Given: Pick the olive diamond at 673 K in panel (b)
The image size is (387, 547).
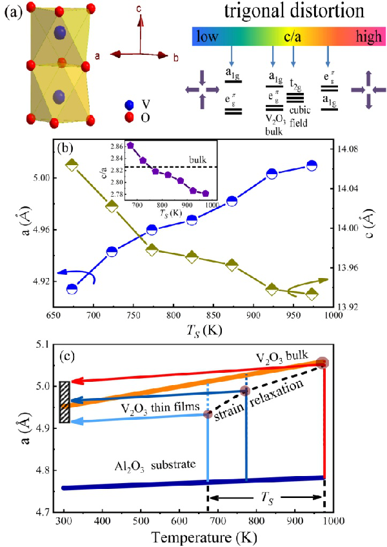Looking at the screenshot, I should click(x=72, y=165).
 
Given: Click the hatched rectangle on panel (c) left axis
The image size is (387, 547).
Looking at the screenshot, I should click(x=64, y=402).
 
